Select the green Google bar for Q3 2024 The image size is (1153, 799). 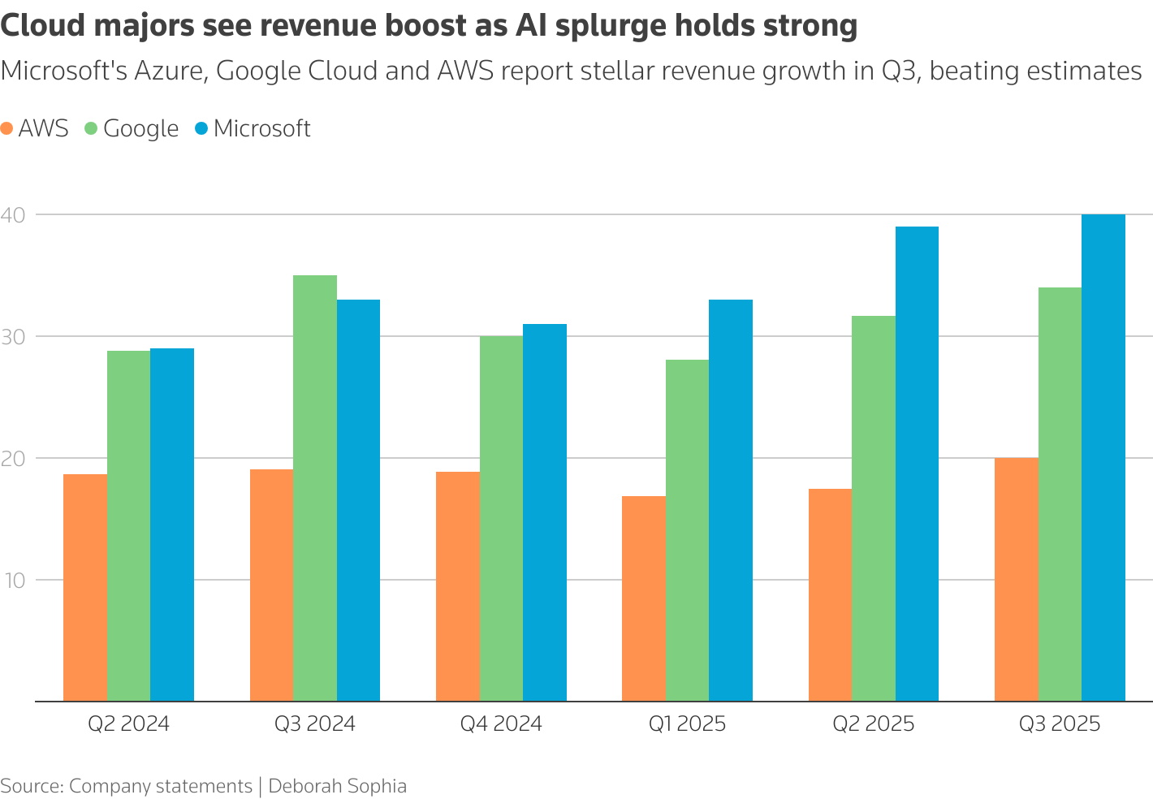tap(315, 487)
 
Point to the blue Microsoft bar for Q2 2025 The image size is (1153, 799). tap(917, 464)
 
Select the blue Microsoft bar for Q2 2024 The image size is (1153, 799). tap(172, 525)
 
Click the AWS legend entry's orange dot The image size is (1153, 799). tap(7, 128)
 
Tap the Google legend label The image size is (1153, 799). tap(140, 128)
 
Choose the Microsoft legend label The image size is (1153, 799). tap(261, 128)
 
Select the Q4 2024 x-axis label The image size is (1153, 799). tap(501, 723)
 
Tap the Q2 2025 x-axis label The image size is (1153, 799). tap(873, 723)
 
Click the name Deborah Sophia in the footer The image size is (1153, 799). tap(337, 786)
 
